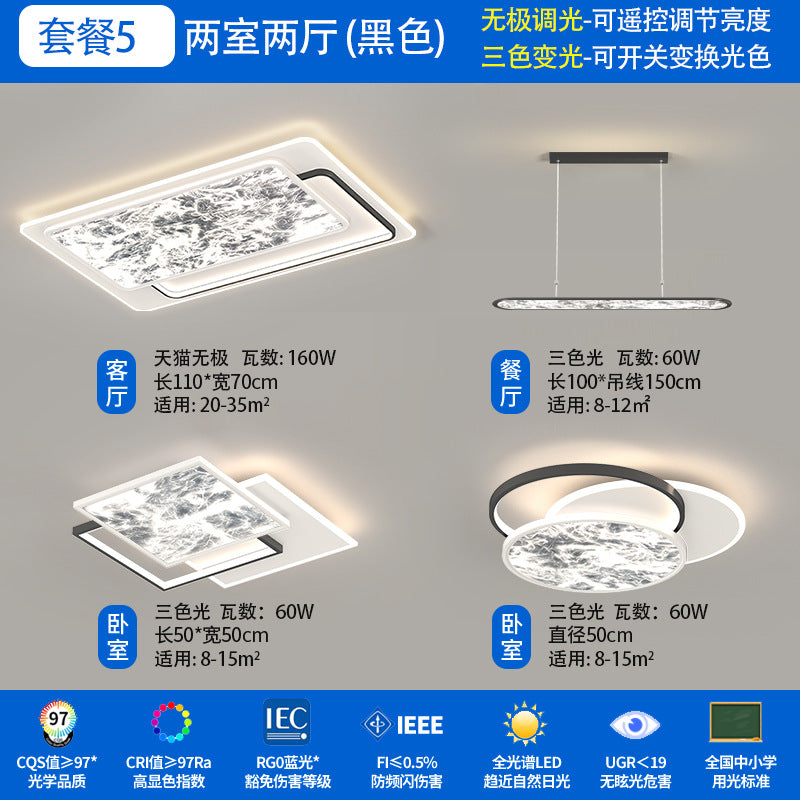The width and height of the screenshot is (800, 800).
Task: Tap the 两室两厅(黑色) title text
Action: click(314, 37)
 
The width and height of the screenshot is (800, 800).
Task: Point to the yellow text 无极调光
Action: click(531, 20)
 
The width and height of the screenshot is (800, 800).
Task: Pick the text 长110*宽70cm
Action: click(215, 382)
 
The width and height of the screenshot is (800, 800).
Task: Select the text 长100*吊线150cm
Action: click(624, 382)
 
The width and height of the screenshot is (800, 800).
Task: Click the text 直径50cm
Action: click(590, 635)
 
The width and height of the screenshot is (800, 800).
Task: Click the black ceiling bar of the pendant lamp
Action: click(610, 157)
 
